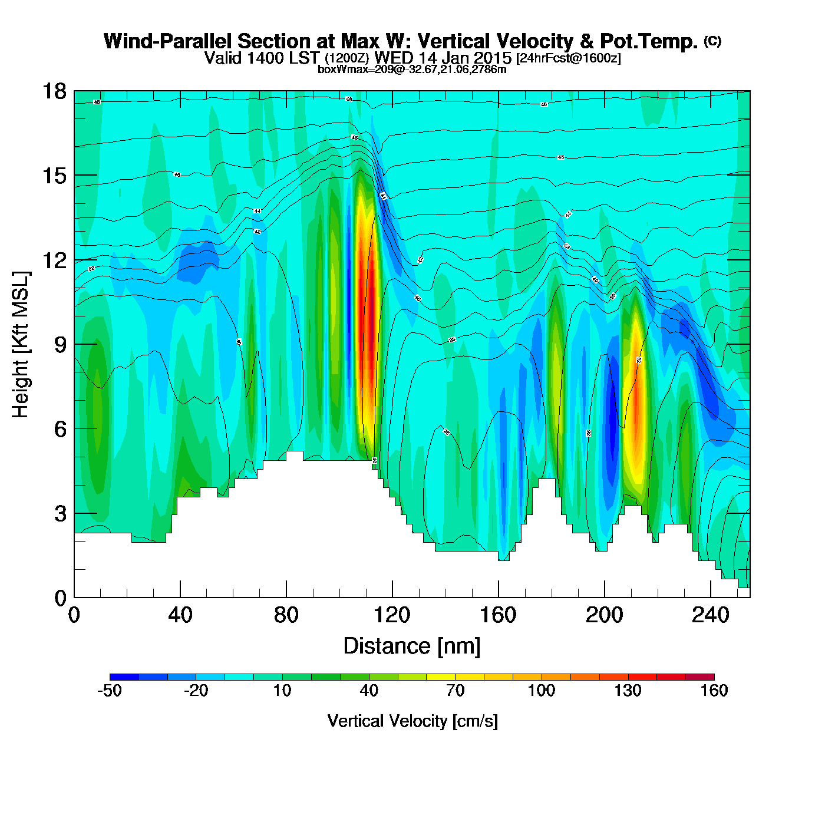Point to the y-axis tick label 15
coord(54,176)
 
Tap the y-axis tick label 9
coord(60,345)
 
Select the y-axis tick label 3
coord(60,514)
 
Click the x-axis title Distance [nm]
coord(412,646)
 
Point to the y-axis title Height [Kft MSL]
coord(21,345)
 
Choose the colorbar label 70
coord(455,691)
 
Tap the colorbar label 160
coord(714,691)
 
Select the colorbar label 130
coord(628,691)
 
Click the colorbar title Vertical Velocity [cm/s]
coord(412,721)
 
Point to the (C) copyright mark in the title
coord(712,41)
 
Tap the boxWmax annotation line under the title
coord(412,70)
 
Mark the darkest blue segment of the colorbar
coord(124,677)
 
